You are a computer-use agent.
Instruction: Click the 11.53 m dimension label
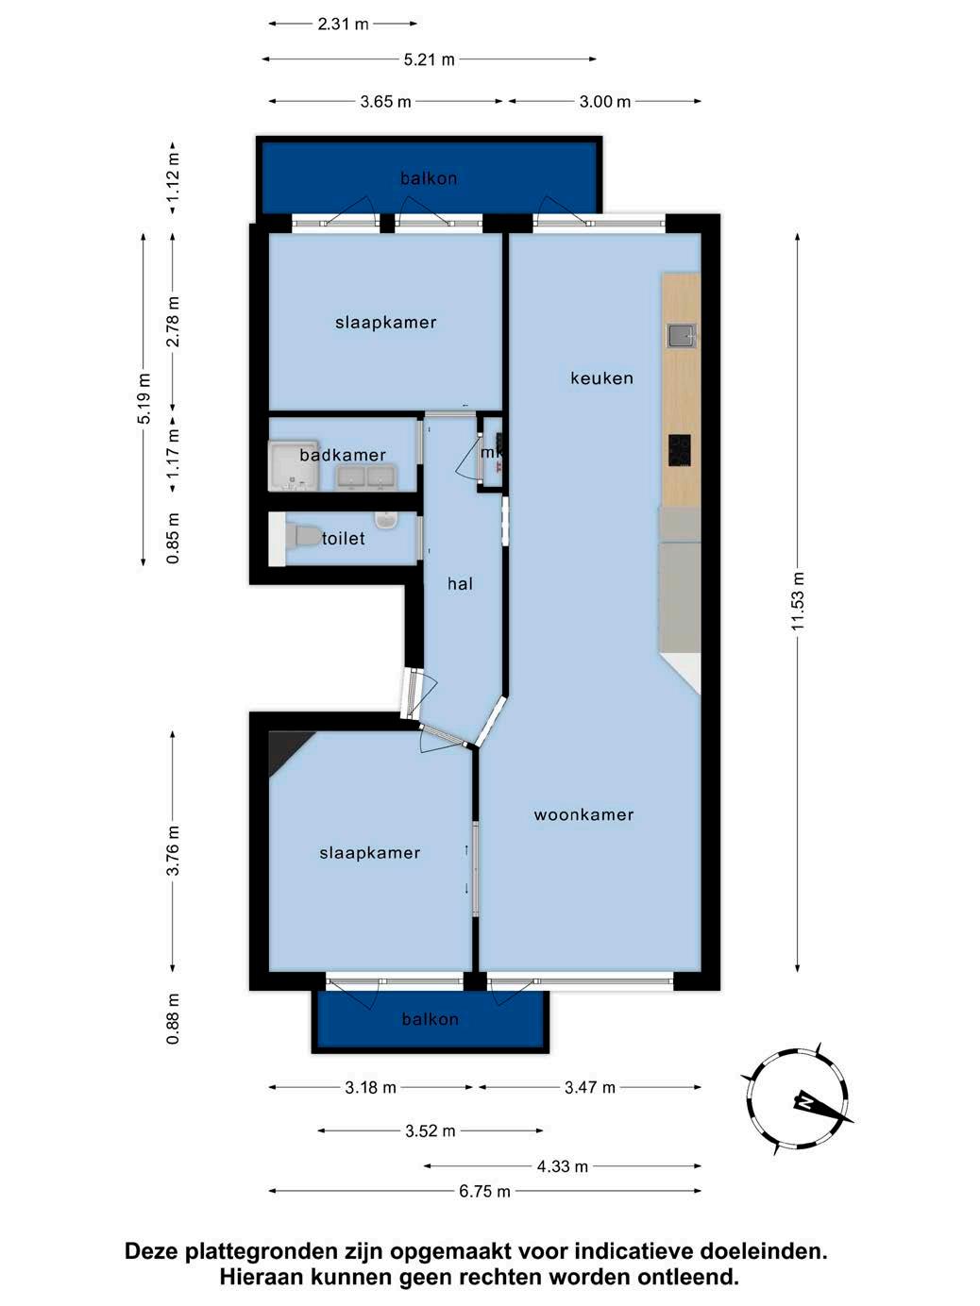click(798, 601)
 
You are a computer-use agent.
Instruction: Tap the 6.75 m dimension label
click(484, 1192)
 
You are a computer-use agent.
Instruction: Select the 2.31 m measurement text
click(343, 25)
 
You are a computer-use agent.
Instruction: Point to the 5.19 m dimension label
click(144, 398)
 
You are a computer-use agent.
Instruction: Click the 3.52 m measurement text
click(431, 1131)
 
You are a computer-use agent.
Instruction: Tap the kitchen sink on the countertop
click(680, 336)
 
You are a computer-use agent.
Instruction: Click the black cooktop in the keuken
click(680, 450)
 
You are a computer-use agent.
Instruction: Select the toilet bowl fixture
click(302, 535)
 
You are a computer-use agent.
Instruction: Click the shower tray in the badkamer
click(294, 466)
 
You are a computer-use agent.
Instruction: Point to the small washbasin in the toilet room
click(385, 520)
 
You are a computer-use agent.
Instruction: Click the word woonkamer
click(583, 814)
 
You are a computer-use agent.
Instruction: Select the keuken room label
click(601, 377)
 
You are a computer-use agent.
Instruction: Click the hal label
click(460, 584)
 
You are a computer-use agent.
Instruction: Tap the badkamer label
click(343, 455)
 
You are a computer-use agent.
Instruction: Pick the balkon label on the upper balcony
click(429, 178)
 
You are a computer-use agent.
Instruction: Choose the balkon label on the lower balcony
click(431, 1019)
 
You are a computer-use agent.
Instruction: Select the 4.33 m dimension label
click(563, 1166)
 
